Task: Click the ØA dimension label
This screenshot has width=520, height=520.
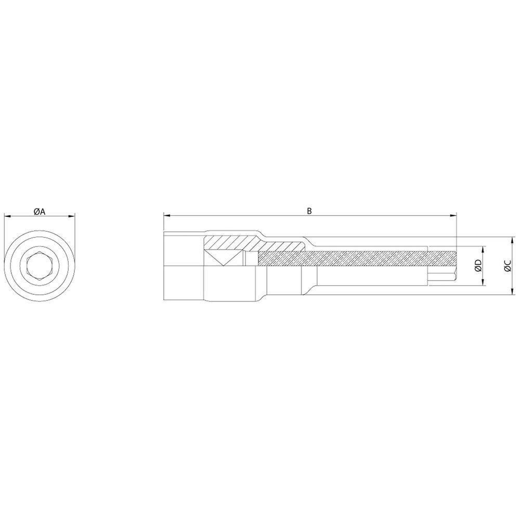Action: pyautogui.click(x=40, y=211)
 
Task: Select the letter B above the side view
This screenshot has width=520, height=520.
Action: pyautogui.click(x=309, y=211)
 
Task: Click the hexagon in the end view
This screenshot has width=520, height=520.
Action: pyautogui.click(x=39, y=266)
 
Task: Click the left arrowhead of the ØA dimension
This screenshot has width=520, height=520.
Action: pyautogui.click(x=6, y=217)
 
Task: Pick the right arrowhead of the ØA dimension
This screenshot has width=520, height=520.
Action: pyautogui.click(x=72, y=217)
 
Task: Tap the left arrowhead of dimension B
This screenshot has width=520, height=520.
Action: pyautogui.click(x=167, y=216)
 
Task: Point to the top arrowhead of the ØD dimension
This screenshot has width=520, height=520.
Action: pyautogui.click(x=484, y=249)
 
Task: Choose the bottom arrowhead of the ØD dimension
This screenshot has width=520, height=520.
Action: pyautogui.click(x=484, y=282)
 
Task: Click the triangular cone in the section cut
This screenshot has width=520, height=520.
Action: pyautogui.click(x=223, y=257)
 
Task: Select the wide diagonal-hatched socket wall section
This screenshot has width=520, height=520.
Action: pyautogui.click(x=229, y=242)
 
